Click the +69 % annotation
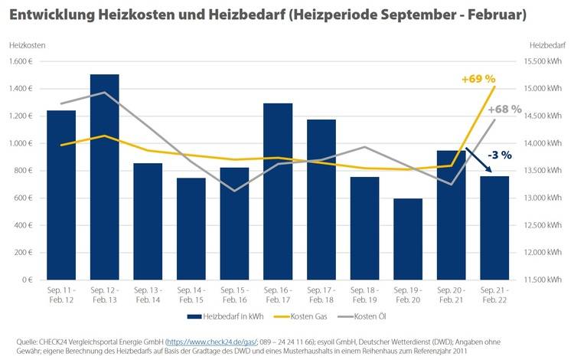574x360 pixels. pyautogui.click(x=478, y=79)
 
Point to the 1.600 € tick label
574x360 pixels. pyautogui.click(x=21, y=61)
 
